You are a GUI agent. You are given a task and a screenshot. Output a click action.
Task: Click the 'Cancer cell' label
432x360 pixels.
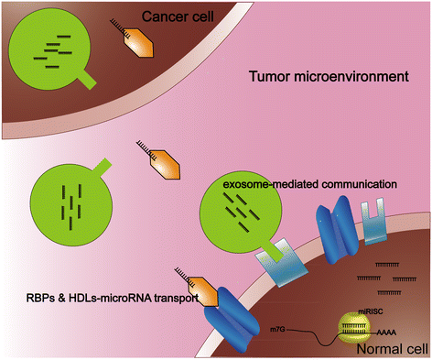(178, 16)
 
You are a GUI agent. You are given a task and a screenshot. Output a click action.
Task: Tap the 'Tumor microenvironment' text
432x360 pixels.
(329, 76)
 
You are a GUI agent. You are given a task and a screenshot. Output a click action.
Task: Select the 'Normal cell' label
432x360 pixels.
(393, 349)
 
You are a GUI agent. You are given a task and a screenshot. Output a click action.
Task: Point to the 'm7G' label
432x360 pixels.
(277, 330)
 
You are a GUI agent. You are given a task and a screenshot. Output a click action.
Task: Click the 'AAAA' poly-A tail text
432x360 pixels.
(386, 333)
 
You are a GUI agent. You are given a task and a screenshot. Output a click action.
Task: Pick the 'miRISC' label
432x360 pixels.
(371, 311)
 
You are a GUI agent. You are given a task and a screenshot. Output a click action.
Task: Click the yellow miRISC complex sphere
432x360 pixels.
(354, 329)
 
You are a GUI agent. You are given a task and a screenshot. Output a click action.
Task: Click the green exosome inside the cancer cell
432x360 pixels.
(49, 49)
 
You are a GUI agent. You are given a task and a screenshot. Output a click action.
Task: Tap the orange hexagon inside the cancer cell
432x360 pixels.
(138, 43)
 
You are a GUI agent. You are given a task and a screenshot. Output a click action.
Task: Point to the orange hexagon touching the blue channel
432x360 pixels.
(202, 291)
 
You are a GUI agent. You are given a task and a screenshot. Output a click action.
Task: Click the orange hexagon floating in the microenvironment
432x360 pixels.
(165, 165)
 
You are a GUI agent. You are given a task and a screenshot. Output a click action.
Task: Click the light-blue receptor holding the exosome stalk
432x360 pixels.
(281, 262)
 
